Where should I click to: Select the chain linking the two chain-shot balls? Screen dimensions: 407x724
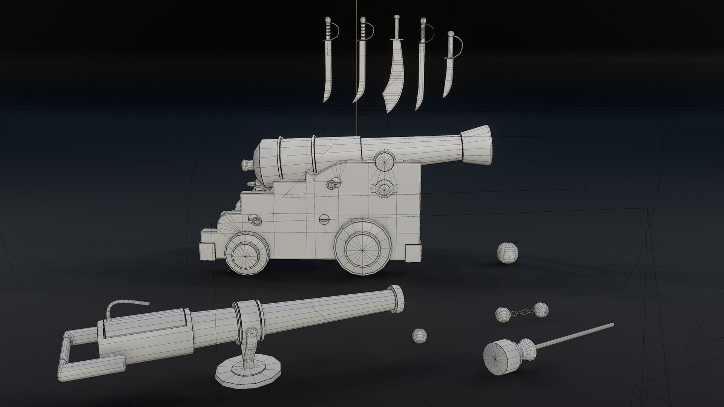pos(522,311)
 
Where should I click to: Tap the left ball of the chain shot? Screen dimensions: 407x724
pos(503,314)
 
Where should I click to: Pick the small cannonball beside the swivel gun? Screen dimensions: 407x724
pos(420,335)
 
